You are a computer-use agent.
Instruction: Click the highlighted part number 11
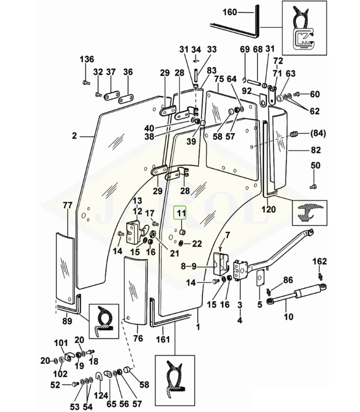[x=181, y=212]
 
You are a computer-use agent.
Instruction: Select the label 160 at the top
[x=230, y=12]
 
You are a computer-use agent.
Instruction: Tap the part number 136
[x=87, y=59]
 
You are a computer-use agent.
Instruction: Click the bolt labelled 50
[x=313, y=187]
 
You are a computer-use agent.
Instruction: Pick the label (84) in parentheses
[x=318, y=133]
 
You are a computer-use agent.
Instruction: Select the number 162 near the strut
[x=319, y=261]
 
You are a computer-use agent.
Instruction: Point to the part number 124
[x=101, y=396]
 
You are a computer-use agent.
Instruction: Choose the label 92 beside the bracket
[x=246, y=91]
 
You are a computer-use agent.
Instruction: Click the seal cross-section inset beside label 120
[x=309, y=213]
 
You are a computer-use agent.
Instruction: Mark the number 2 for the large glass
[x=75, y=135]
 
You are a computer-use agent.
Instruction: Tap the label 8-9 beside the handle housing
[x=188, y=266]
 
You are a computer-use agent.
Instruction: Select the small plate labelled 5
[x=259, y=277]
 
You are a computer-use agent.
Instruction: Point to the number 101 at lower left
[x=61, y=343]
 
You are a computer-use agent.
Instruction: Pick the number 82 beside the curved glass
[x=316, y=150]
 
